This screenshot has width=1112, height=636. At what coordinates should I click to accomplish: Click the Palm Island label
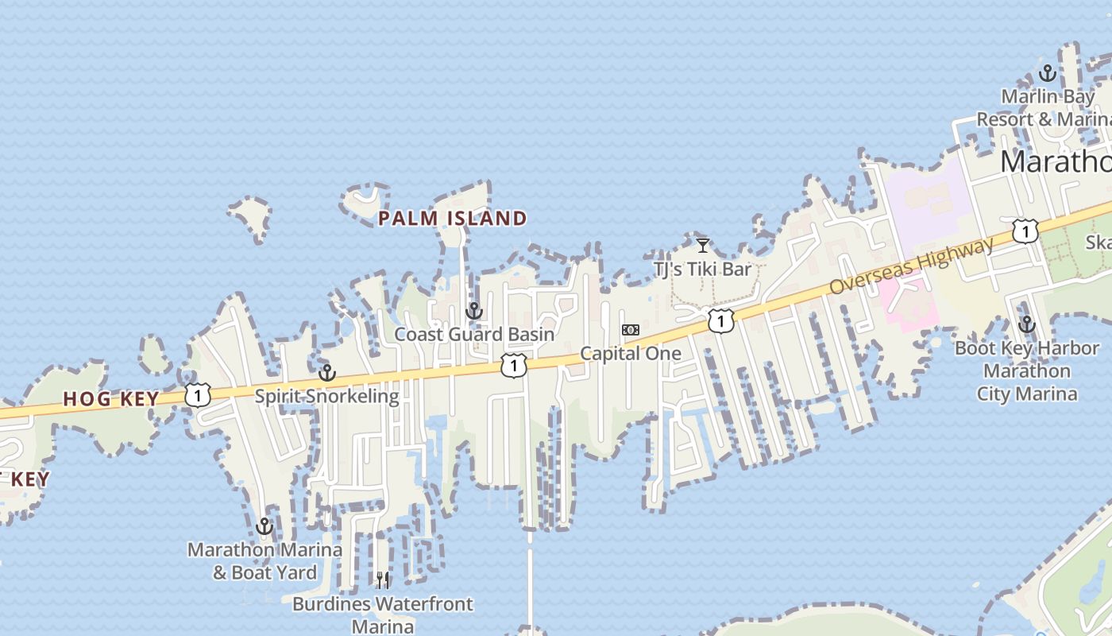point(452,219)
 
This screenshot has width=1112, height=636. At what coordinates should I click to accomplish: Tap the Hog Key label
point(111,399)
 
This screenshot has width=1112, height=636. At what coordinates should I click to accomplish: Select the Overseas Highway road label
point(911,266)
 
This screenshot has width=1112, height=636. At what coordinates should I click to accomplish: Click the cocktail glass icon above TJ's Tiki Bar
point(702,246)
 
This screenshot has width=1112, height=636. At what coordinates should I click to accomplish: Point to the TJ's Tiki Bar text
point(702,270)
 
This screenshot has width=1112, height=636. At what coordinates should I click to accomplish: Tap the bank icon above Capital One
point(631,329)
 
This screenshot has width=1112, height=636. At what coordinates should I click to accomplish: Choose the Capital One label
point(631,354)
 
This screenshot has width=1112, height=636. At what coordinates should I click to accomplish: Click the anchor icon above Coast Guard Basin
point(474,311)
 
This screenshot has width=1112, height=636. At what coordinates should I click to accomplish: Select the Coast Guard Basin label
point(474,335)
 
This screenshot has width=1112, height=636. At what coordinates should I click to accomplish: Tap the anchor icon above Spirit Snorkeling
point(327,373)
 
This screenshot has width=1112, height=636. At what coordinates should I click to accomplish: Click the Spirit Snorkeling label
point(327,396)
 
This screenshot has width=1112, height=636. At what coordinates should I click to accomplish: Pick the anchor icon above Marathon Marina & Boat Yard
point(264,526)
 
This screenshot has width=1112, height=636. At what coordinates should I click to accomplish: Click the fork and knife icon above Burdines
point(383,580)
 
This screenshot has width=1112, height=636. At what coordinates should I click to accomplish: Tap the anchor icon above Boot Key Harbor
point(1027,324)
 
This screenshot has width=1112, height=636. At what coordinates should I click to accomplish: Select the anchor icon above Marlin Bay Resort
point(1048,74)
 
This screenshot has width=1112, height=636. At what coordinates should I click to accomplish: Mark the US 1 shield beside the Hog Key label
point(198,394)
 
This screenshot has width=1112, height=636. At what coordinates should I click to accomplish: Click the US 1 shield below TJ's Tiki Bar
point(720,321)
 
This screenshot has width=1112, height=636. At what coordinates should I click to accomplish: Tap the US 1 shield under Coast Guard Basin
point(514,366)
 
